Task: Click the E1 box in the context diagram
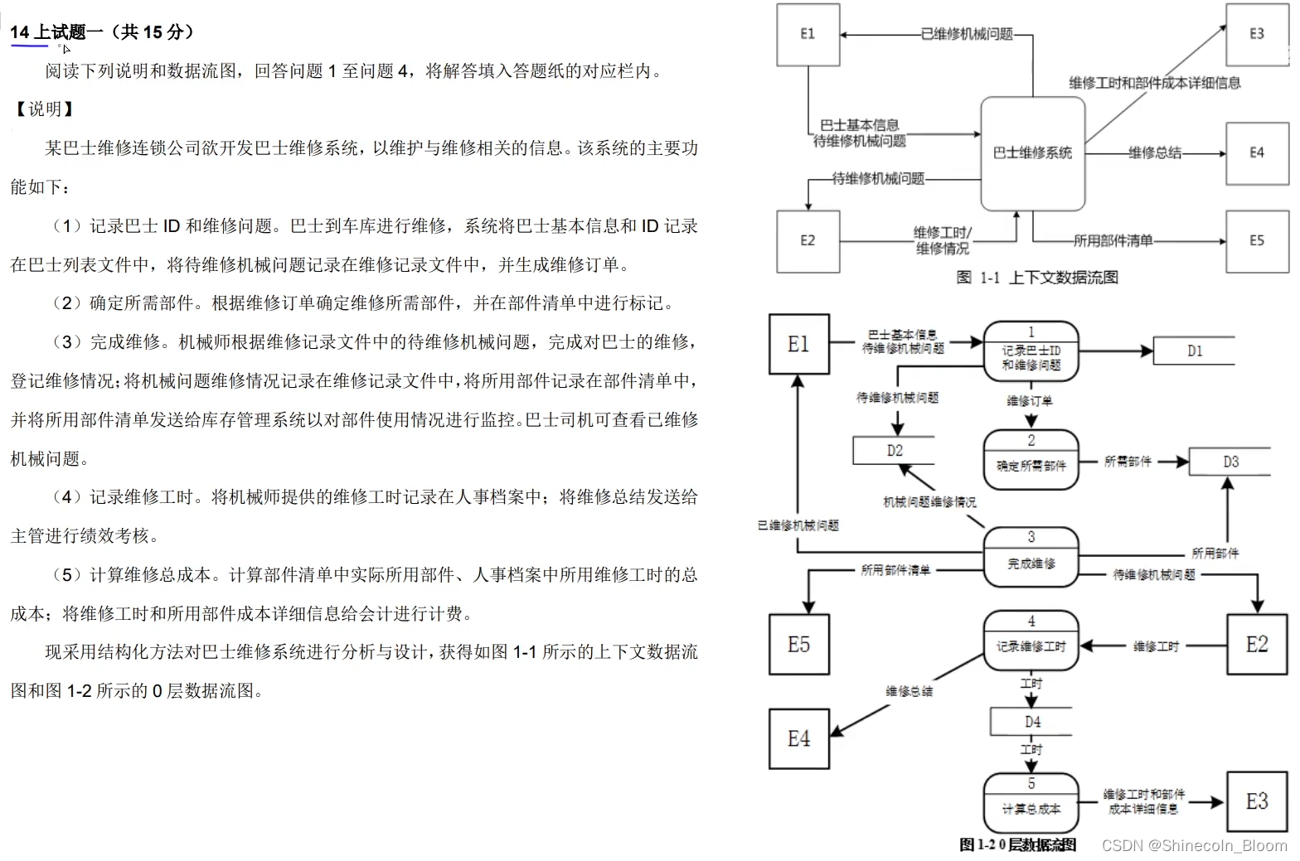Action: coord(808,35)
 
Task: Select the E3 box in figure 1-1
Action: coord(1257,35)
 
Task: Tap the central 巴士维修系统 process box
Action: coord(1032,153)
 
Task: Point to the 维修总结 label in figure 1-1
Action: coord(1155,153)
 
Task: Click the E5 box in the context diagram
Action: coord(1257,241)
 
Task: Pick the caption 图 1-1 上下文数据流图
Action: coord(1037,278)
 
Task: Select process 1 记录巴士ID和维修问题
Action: coord(1031,351)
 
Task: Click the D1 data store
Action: coord(1194,351)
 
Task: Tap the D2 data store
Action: coord(894,451)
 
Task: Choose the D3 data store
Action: coord(1230,462)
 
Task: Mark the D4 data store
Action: coord(1031,722)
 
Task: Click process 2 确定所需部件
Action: coord(1031,458)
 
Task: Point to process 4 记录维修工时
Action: coord(1031,640)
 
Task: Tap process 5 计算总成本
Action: coord(1031,801)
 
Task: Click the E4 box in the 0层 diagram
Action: coord(798,739)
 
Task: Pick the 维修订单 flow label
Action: coord(1029,401)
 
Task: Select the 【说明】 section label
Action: coord(45,109)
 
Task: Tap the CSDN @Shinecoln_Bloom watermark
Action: coord(1194,845)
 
